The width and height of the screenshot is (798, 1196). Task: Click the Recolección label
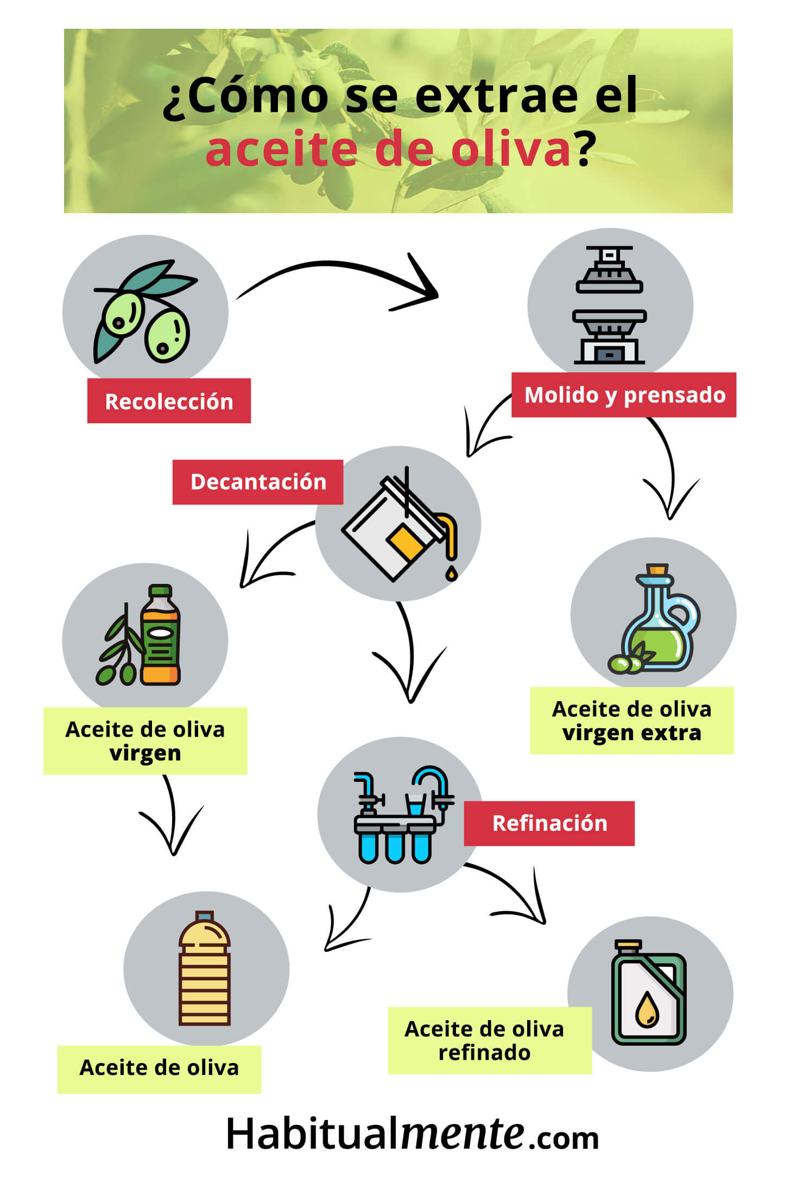(169, 400)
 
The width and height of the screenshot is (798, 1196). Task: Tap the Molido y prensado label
(624, 395)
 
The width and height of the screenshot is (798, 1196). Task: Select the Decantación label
(258, 482)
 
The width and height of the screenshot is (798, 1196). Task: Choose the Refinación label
(549, 823)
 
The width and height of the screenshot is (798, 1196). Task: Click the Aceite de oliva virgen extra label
(632, 721)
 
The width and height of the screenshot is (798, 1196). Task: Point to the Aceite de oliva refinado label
(490, 1041)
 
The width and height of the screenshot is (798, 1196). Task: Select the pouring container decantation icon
(400, 524)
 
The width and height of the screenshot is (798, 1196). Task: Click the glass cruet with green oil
(654, 619)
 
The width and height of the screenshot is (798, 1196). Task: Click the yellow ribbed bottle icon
(205, 968)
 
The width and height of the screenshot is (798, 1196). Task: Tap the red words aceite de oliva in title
(388, 150)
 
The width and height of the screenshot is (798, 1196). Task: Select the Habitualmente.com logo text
(413, 1135)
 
